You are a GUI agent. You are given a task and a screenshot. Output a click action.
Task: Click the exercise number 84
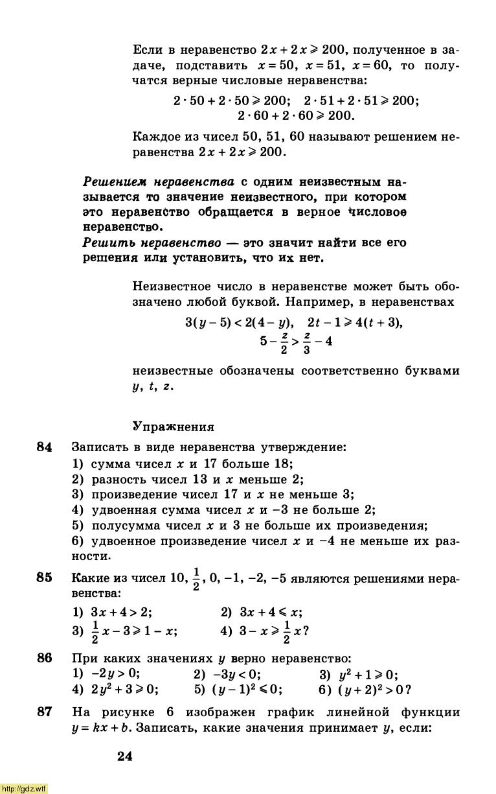tap(44, 447)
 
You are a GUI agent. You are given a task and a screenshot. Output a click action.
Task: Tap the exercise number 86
tap(44, 658)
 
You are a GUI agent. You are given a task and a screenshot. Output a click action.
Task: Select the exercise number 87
tap(44, 712)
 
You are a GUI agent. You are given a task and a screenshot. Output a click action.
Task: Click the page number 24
tap(125, 756)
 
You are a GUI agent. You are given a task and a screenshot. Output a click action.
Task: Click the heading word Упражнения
tap(173, 426)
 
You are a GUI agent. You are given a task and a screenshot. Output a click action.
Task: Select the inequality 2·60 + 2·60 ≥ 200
tap(296, 116)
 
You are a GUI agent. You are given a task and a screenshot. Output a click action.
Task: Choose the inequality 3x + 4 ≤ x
tap(270, 613)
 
